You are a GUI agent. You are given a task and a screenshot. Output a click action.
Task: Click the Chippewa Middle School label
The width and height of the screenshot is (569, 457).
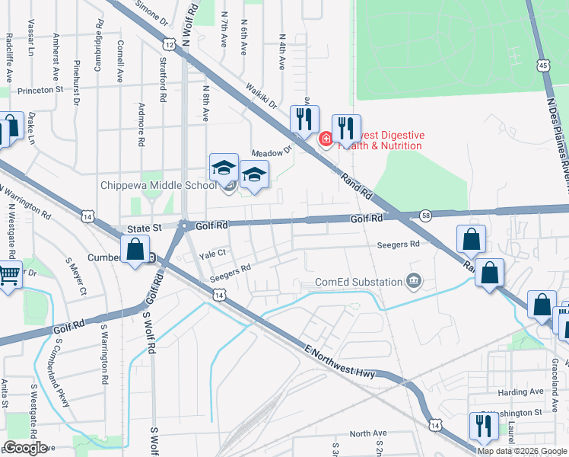coord(159,185)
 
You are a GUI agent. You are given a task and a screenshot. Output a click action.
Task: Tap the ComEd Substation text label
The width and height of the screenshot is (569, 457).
coord(359,282)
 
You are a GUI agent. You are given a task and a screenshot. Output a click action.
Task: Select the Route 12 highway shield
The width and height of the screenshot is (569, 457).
coord(169,46)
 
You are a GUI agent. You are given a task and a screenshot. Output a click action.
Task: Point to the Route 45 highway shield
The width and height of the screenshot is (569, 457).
coord(543,66)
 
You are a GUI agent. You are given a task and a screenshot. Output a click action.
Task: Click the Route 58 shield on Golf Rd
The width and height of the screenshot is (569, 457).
coord(425,217)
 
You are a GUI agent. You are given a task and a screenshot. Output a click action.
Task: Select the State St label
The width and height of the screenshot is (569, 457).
coord(145,227)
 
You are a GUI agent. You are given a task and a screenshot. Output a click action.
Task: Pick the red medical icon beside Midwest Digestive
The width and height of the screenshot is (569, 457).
coord(326,139)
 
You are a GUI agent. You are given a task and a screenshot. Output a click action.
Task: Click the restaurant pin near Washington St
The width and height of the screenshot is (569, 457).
coord(483,427)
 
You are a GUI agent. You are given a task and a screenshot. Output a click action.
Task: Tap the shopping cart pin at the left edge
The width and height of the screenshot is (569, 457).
coord(8,273)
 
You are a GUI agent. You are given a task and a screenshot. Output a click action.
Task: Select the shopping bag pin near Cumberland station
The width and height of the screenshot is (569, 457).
coord(135,251)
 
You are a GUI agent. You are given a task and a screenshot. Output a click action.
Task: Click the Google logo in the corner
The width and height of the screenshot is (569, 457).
coord(25,448)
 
